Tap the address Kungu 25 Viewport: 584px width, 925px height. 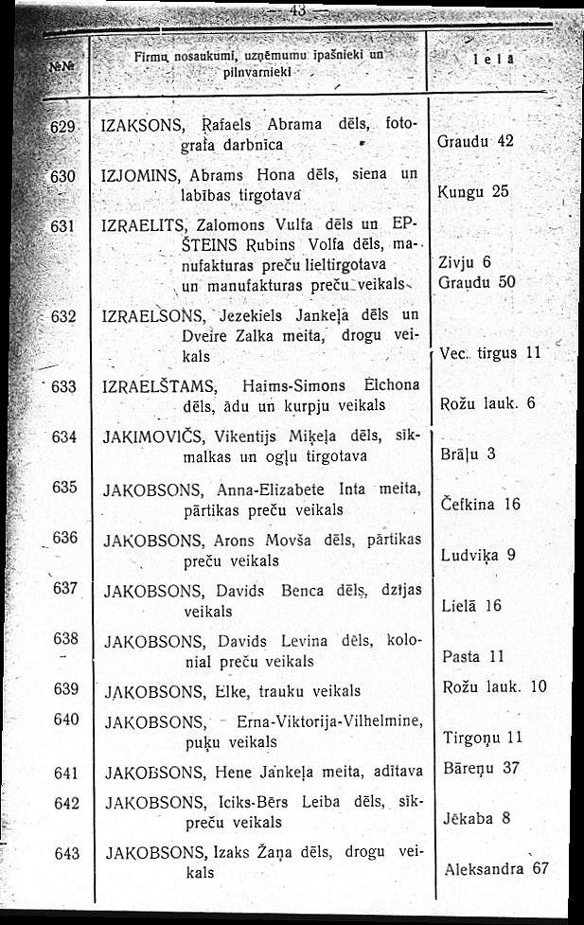coord(475,191)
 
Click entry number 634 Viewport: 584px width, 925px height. coord(64,436)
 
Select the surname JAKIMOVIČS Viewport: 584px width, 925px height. coord(150,437)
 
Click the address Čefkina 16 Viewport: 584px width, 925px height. coord(481,505)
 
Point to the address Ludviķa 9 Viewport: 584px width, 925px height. coord(478,555)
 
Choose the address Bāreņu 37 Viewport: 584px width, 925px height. coord(481,767)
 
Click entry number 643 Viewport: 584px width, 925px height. coord(65,853)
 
